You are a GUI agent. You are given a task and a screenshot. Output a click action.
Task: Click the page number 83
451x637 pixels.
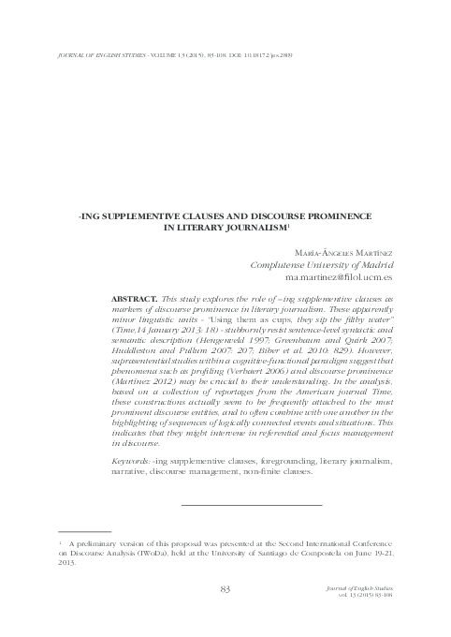(x=224, y=588)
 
